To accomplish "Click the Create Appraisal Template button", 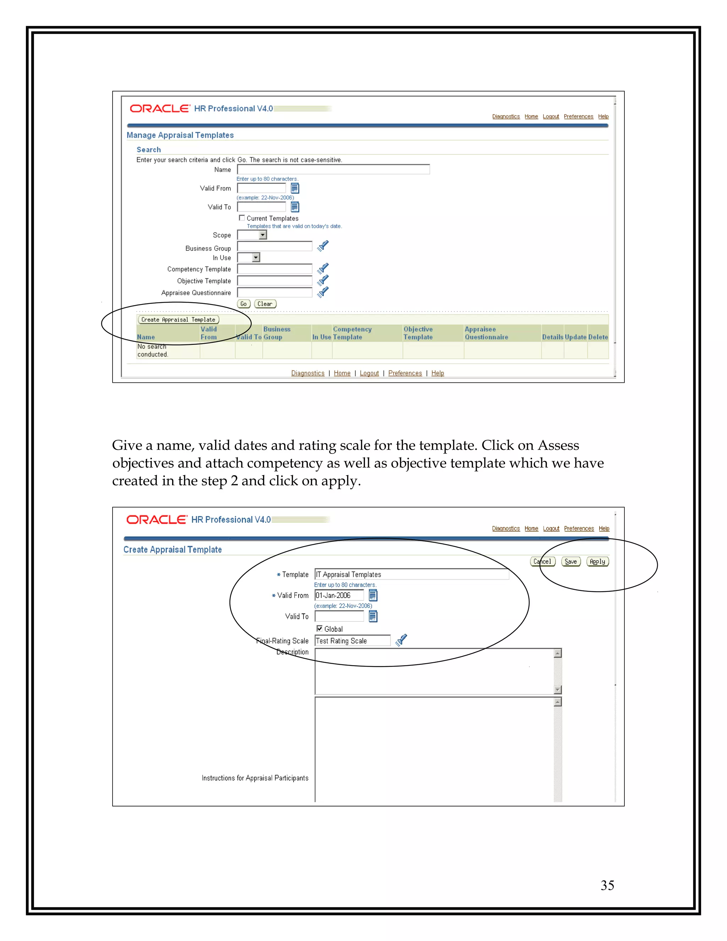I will tap(178, 320).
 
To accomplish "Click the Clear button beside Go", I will tap(265, 304).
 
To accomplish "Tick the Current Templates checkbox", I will tap(242, 218).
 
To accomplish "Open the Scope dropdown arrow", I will tap(263, 235).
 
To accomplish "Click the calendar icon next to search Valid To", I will tap(295, 207).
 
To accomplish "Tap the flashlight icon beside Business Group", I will tap(323, 246).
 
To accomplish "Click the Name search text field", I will tap(333, 169).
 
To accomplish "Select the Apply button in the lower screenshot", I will tap(597, 561).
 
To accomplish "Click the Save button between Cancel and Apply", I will tap(571, 561).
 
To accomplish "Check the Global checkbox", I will tap(319, 629).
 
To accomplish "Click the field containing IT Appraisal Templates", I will tap(411, 574).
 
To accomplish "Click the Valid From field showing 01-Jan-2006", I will tap(339, 595).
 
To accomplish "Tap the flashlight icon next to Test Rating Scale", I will tap(401, 640).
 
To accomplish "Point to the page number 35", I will tap(607, 885).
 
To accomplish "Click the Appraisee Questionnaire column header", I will tap(486, 333).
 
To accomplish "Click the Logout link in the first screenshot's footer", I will tap(369, 373).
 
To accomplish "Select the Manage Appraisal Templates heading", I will tap(180, 135).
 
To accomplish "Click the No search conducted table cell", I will tap(153, 350).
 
